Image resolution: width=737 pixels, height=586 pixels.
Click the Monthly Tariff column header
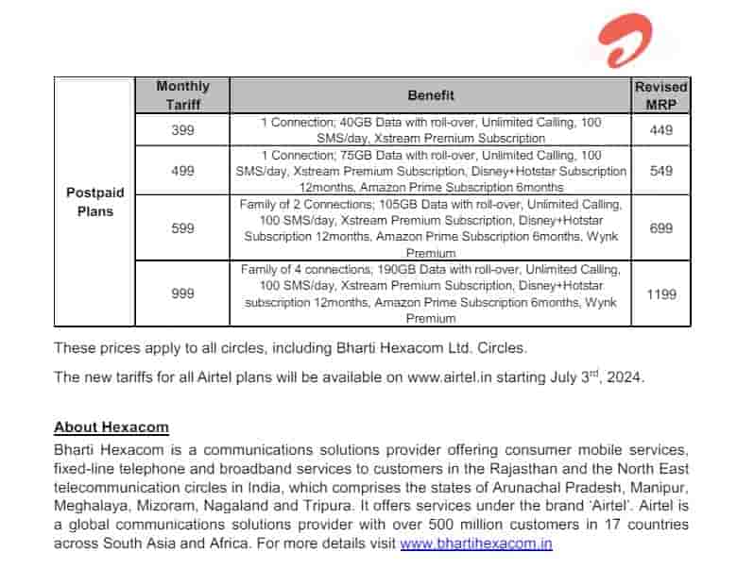tap(182, 95)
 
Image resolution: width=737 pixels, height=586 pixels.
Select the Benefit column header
tap(431, 95)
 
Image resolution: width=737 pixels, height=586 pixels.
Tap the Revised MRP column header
tap(661, 95)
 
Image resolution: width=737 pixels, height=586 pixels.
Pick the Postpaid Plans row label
tap(94, 202)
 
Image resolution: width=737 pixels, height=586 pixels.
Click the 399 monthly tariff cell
tap(182, 130)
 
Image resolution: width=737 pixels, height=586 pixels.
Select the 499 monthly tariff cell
tap(182, 171)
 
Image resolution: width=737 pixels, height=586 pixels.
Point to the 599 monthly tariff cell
tap(182, 228)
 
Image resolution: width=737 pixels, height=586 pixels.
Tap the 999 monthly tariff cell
tap(182, 293)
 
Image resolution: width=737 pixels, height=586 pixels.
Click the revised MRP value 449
tap(661, 130)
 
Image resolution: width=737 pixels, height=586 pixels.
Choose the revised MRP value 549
tap(661, 171)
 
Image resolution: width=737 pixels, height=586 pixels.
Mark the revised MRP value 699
tap(661, 228)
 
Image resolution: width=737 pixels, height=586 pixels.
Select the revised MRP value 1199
tap(661, 293)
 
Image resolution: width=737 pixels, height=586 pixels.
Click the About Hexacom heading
tap(111, 427)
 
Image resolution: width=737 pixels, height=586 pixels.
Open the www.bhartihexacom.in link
tap(476, 544)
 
